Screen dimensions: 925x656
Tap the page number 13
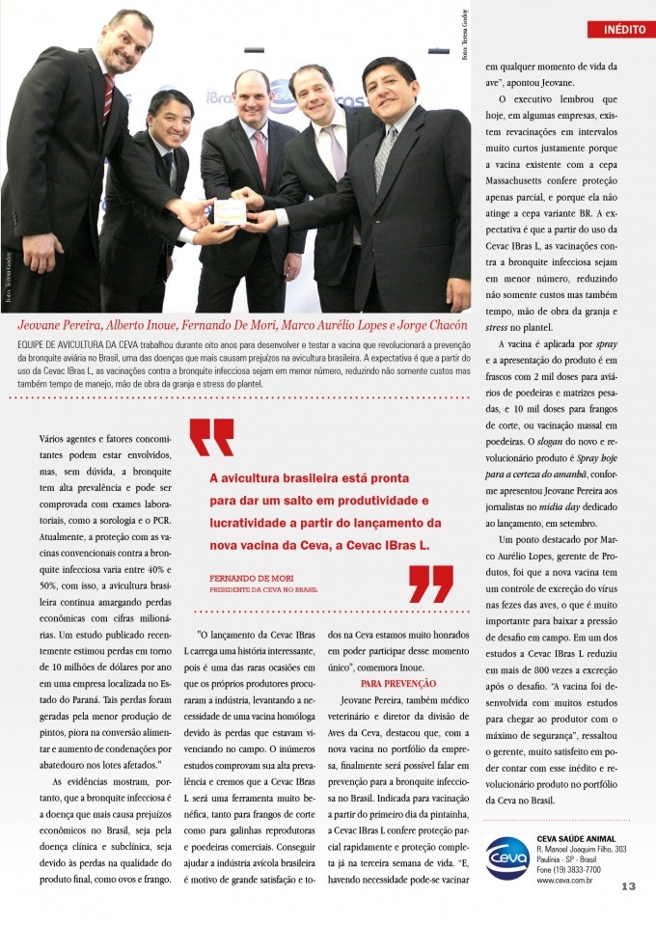click(x=628, y=887)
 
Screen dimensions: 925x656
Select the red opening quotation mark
click(x=211, y=437)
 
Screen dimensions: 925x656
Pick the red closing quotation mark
click(x=430, y=584)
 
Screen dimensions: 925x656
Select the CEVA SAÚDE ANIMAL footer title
click(x=576, y=838)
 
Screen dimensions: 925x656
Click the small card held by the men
click(x=229, y=211)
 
